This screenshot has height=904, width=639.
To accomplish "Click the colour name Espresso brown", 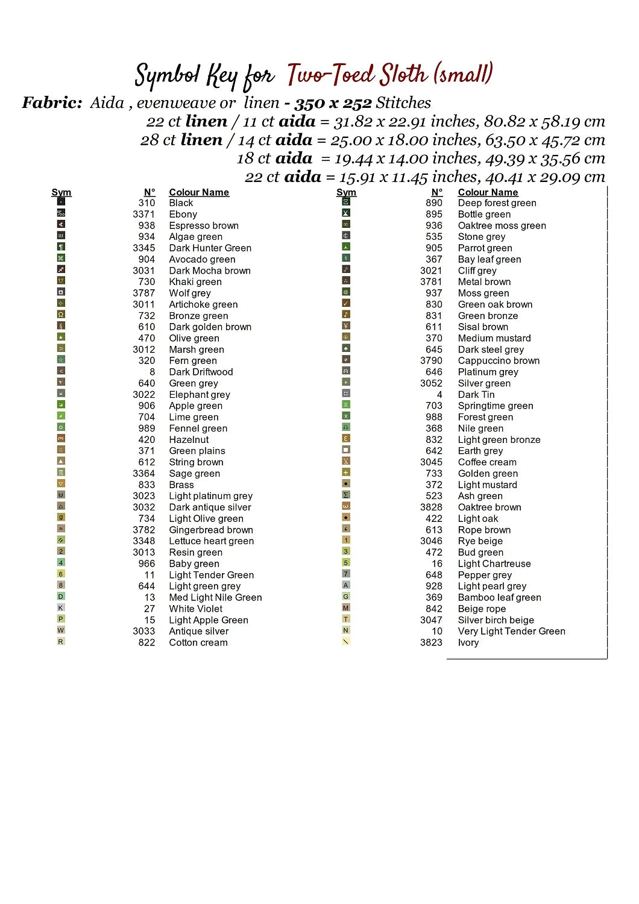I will click(204, 225).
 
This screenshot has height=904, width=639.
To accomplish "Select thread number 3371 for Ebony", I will click(143, 214).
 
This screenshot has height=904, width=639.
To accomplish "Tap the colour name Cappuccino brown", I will click(499, 360).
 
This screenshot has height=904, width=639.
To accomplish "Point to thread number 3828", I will click(431, 507).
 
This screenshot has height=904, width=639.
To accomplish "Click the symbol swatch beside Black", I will click(61, 202).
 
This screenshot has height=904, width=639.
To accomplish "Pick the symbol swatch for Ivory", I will click(346, 641).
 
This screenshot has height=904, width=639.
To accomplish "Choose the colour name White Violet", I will click(195, 609).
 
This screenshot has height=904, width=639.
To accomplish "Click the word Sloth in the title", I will click(404, 75).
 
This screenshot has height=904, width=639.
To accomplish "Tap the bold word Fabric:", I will click(52, 102).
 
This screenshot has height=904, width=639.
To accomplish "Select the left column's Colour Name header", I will click(199, 192).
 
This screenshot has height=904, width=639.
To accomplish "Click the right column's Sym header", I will click(346, 192).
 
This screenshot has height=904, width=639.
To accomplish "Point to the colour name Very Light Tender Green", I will click(511, 631).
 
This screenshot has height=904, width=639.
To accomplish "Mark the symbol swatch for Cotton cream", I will click(61, 641).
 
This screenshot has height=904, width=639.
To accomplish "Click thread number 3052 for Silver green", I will click(431, 383).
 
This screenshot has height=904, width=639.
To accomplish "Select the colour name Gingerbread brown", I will click(211, 530).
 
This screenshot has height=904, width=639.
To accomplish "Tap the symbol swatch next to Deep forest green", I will click(346, 202).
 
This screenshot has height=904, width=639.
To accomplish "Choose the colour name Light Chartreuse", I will click(494, 563).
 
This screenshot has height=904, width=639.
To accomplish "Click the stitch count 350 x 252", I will click(333, 103).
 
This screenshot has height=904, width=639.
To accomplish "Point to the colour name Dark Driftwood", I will click(201, 372).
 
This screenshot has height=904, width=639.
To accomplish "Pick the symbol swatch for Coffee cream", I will click(346, 461).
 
